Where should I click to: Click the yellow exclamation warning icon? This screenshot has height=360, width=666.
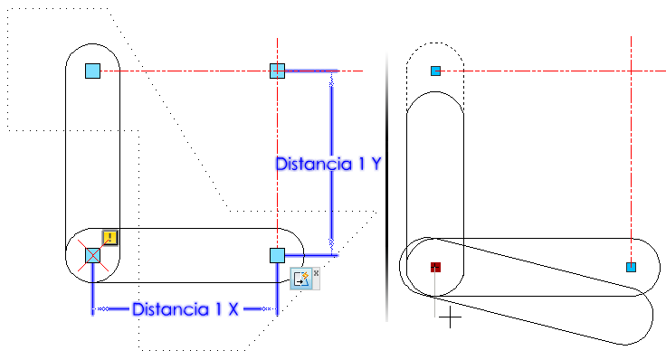point(110,237)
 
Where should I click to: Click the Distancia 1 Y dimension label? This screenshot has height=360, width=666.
point(328,164)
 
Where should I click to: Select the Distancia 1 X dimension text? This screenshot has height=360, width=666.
point(186,309)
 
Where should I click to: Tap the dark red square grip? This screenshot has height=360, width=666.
point(435,267)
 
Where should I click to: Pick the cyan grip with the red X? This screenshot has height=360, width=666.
point(92,256)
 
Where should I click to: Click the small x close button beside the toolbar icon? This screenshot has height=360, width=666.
point(316,273)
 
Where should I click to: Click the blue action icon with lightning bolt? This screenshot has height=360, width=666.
point(301,279)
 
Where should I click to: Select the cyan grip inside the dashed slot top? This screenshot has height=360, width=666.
point(435,71)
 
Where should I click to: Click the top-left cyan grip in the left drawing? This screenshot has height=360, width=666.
point(92,71)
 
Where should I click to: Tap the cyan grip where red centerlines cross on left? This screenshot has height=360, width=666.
point(278,71)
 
